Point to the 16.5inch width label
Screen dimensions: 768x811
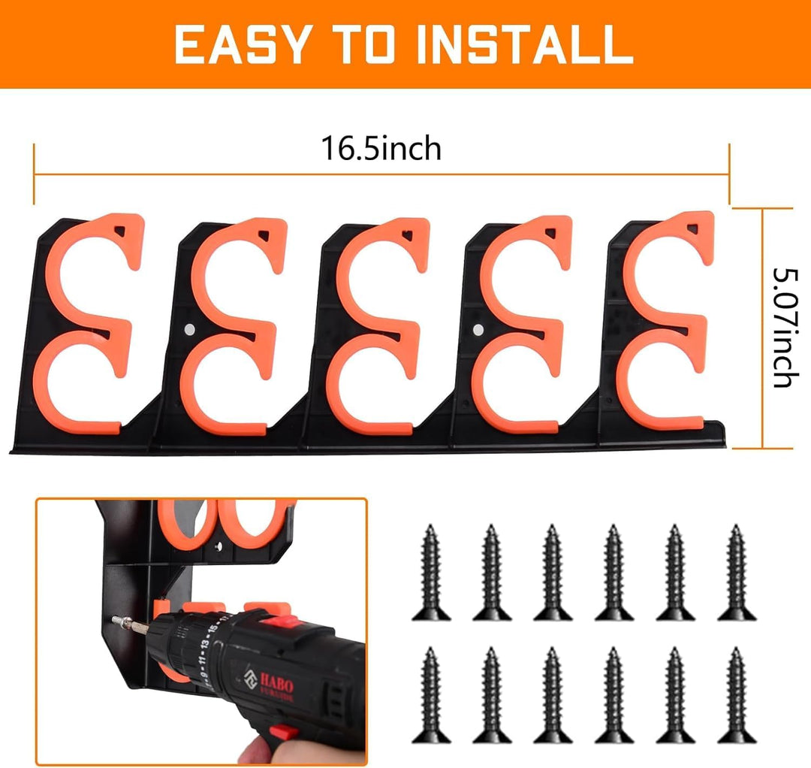[x=381, y=148]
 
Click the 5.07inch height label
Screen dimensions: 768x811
[x=782, y=328]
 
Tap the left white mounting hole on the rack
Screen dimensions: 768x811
[x=188, y=328]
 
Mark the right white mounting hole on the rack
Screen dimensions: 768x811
[x=478, y=328]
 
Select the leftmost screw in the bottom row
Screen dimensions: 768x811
[x=430, y=695]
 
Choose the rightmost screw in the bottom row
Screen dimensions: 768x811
[x=736, y=695]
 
